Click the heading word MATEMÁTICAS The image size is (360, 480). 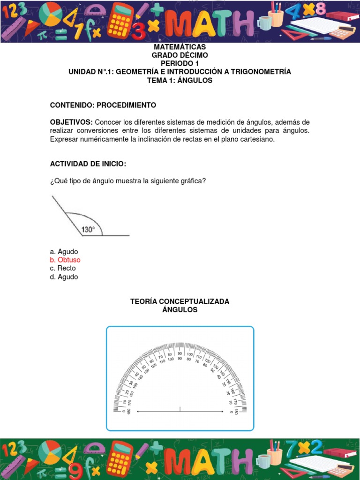click(x=180, y=47)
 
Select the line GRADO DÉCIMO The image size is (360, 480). click(x=180, y=55)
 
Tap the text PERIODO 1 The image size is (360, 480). click(x=180, y=63)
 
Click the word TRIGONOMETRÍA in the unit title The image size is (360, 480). click(x=262, y=72)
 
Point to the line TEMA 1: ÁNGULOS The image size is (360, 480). click(x=180, y=80)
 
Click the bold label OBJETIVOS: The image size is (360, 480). click(x=71, y=122)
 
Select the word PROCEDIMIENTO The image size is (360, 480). click(x=127, y=105)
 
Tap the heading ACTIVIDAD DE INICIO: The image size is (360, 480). click(x=88, y=164)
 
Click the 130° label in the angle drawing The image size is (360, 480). click(x=88, y=230)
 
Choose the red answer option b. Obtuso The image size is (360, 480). click(x=65, y=260)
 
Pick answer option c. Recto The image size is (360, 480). click(x=63, y=268)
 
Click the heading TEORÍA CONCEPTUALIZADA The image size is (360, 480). click(x=180, y=301)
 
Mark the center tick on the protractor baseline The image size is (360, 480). click(x=180, y=410)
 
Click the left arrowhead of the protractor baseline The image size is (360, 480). click(x=138, y=412)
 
